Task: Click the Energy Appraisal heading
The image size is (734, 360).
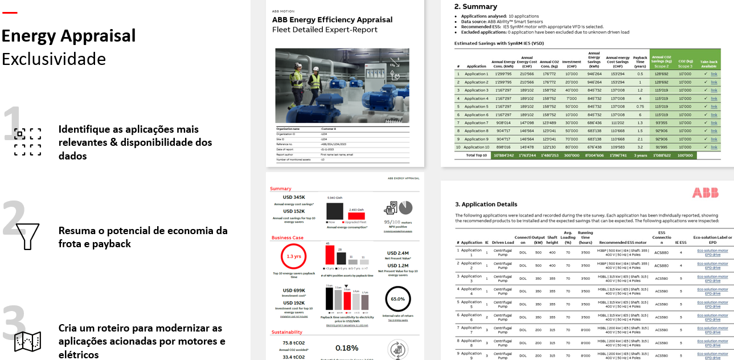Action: [69, 36]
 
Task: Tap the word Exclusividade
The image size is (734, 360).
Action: [54, 59]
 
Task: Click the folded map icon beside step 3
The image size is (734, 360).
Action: [27, 341]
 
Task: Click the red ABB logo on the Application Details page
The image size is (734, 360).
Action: [705, 193]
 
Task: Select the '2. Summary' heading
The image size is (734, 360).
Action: [475, 7]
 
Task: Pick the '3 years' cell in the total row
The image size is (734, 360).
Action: [640, 155]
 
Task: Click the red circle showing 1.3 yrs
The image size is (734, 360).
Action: [294, 256]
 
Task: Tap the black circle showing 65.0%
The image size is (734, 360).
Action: [398, 298]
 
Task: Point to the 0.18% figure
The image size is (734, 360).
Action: [346, 348]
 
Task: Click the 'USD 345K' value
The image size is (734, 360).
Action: [294, 198]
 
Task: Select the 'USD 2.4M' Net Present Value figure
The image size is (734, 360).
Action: [398, 253]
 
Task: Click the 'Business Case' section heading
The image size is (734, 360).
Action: [288, 238]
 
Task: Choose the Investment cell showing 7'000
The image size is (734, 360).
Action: [571, 98]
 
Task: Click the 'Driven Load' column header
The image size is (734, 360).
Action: [503, 242]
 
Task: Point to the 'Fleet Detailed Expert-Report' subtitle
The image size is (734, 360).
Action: [325, 30]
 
